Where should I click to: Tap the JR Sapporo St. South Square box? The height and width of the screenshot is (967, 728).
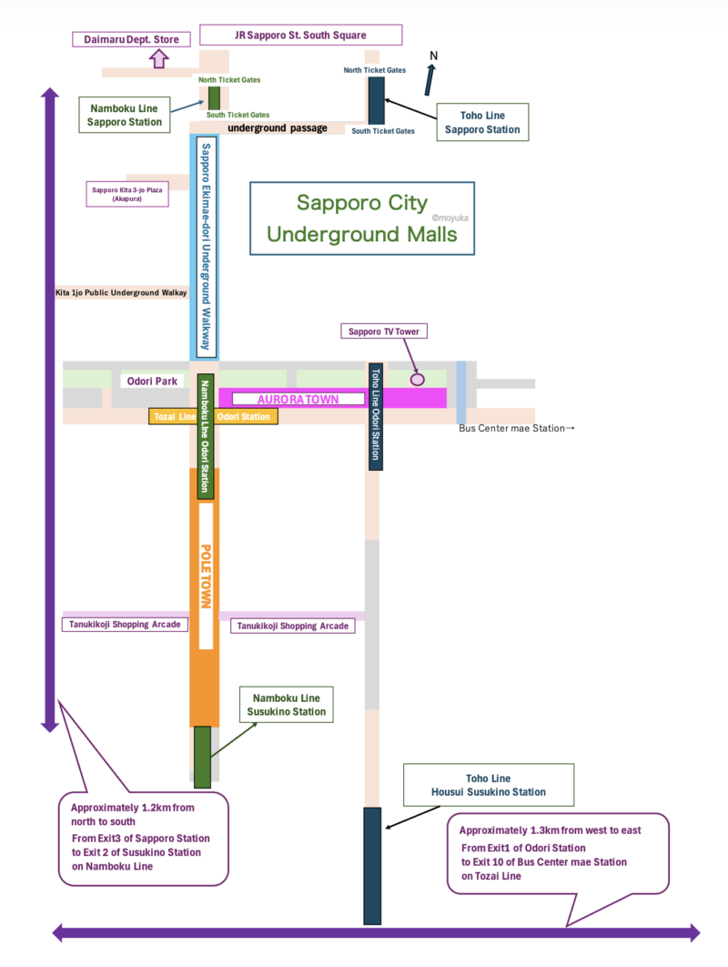[x=300, y=36]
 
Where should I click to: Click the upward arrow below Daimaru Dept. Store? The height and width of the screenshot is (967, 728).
[x=158, y=59]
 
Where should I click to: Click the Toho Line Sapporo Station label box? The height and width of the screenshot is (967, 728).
[x=482, y=123]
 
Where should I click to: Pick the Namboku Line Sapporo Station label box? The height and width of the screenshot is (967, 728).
[x=125, y=115]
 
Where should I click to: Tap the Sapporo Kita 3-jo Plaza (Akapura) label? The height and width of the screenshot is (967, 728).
[x=128, y=194]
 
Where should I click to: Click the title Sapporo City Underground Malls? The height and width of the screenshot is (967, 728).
[x=361, y=218]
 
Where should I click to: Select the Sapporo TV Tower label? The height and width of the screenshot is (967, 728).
[x=384, y=331]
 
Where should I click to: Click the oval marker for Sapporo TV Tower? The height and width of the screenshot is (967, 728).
[x=418, y=377]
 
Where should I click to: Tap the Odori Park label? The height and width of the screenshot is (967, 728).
[x=153, y=382]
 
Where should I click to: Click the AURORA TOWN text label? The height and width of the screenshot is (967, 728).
[x=298, y=399]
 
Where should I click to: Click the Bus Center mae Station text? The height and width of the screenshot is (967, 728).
[x=518, y=428]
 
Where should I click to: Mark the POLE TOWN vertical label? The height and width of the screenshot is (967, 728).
[x=206, y=576]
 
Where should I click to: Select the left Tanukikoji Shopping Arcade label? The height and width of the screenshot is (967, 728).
[x=126, y=625]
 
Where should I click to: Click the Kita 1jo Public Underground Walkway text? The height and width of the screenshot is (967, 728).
[x=122, y=293]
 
